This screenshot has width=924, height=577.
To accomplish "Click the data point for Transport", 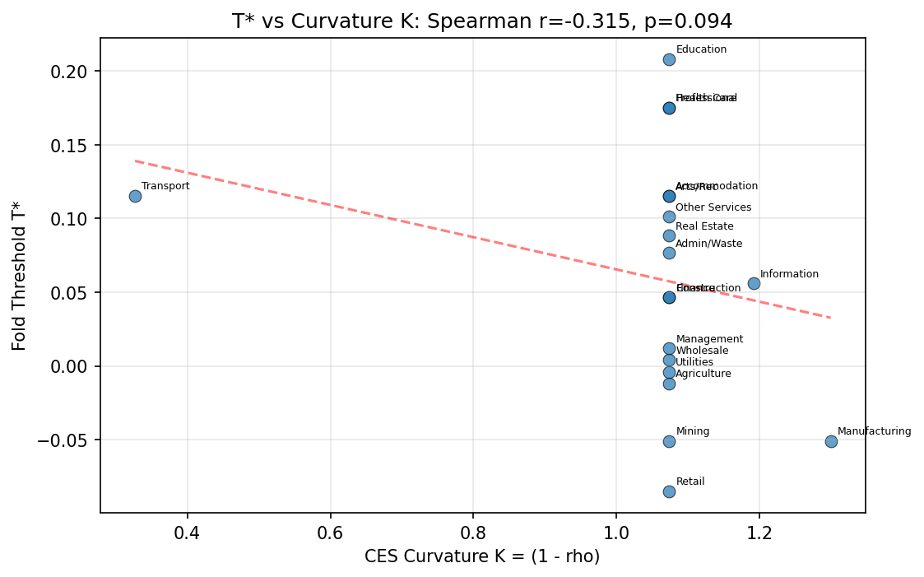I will [135, 196].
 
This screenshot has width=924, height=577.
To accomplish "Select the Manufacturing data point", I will [831, 441].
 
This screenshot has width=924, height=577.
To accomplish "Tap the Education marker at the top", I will [669, 59].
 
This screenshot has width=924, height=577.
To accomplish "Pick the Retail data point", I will [669, 491].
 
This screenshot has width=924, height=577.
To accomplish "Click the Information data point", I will [754, 283].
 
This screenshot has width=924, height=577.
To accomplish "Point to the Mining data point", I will [669, 441].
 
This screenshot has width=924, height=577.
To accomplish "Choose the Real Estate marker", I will [669, 235].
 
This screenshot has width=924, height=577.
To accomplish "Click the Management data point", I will [669, 348].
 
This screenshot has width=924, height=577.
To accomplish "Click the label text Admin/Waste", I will [708, 244].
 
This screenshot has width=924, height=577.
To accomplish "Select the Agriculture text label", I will [703, 374].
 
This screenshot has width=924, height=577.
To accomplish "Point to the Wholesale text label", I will [702, 351].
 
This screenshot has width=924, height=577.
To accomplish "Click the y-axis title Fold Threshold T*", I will [20, 275].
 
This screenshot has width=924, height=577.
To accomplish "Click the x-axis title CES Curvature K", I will [482, 557].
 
